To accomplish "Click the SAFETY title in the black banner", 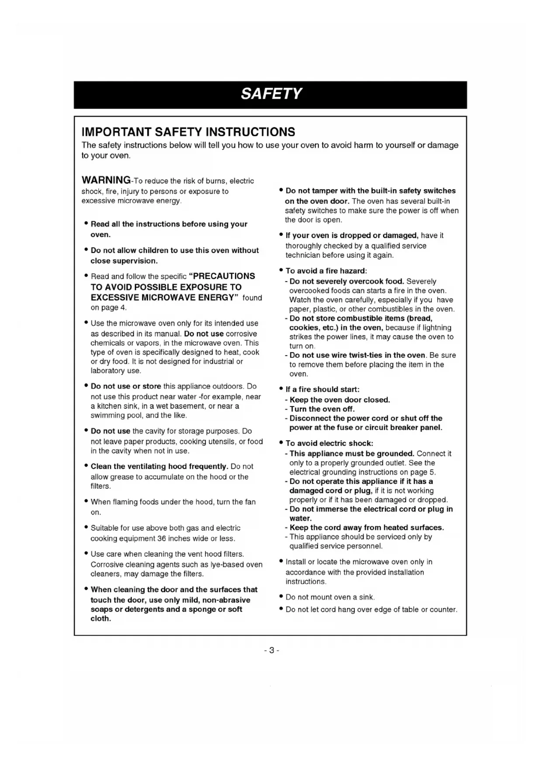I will [271, 94].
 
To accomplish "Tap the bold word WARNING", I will [106, 180].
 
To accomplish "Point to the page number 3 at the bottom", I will [271, 650].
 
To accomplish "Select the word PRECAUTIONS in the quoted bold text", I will [224, 276].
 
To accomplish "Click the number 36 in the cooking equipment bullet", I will [162, 538].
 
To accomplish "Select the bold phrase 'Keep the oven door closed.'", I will [339, 400].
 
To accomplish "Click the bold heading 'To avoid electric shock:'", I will [329, 443].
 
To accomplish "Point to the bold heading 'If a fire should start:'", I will [322, 389].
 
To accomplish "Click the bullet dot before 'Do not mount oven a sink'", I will [281, 597].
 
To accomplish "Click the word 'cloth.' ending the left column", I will [100, 618].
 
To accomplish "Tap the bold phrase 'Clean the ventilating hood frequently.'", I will [159, 466].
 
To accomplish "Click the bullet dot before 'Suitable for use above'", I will [86, 528].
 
